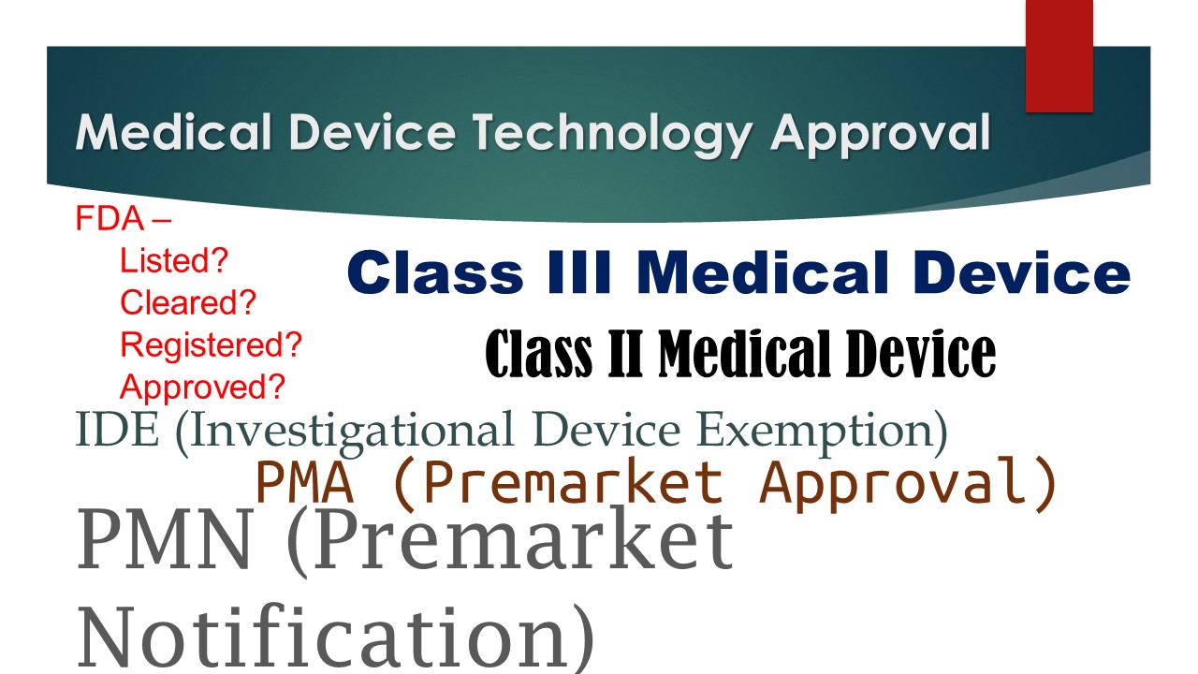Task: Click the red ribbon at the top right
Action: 1059,55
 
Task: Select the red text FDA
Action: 110,218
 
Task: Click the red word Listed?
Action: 174,260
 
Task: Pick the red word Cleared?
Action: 188,302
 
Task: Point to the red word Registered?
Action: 212,345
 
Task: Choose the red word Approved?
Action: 203,387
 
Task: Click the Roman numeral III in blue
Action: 579,272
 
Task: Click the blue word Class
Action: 435,272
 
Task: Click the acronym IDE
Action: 117,430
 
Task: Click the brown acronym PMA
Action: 305,482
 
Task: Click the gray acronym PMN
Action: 164,540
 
